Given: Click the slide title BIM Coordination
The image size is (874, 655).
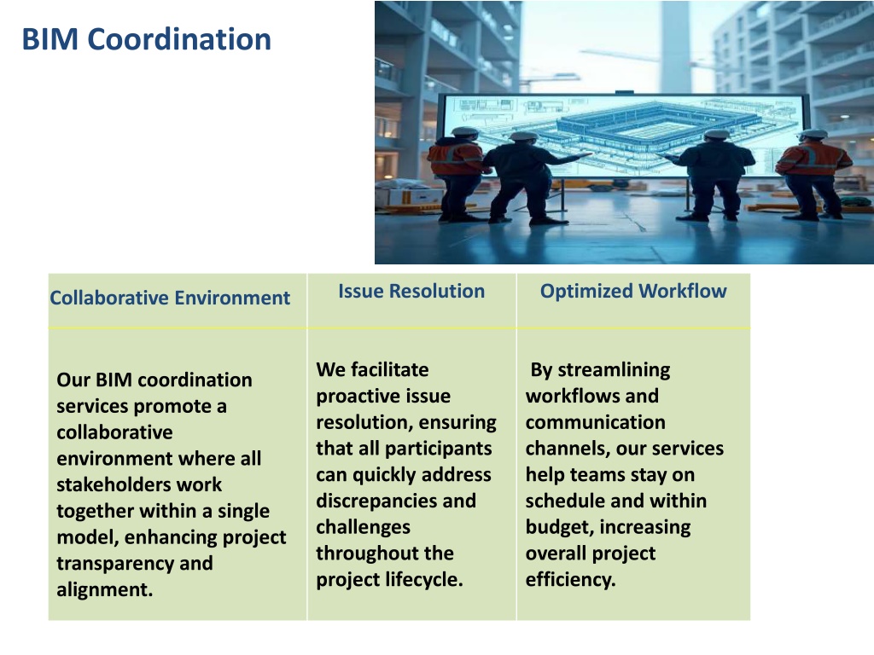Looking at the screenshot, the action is [x=146, y=39].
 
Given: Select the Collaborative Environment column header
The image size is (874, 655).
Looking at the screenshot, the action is [x=170, y=298].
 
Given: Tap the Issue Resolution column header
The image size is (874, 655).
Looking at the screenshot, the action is [x=411, y=292].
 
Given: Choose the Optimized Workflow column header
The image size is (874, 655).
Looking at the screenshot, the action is [x=633, y=292].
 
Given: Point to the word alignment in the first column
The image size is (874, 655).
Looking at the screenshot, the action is [x=104, y=589].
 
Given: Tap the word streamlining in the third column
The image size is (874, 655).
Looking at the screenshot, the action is [x=614, y=370].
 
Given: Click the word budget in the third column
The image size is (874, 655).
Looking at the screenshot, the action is [x=560, y=527].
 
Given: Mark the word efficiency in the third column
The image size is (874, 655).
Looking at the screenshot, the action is [x=570, y=580].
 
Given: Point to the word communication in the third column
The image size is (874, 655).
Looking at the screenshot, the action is [x=595, y=422].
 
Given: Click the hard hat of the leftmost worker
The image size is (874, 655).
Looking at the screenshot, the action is [x=464, y=132].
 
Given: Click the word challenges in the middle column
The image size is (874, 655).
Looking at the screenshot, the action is [x=363, y=527].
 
